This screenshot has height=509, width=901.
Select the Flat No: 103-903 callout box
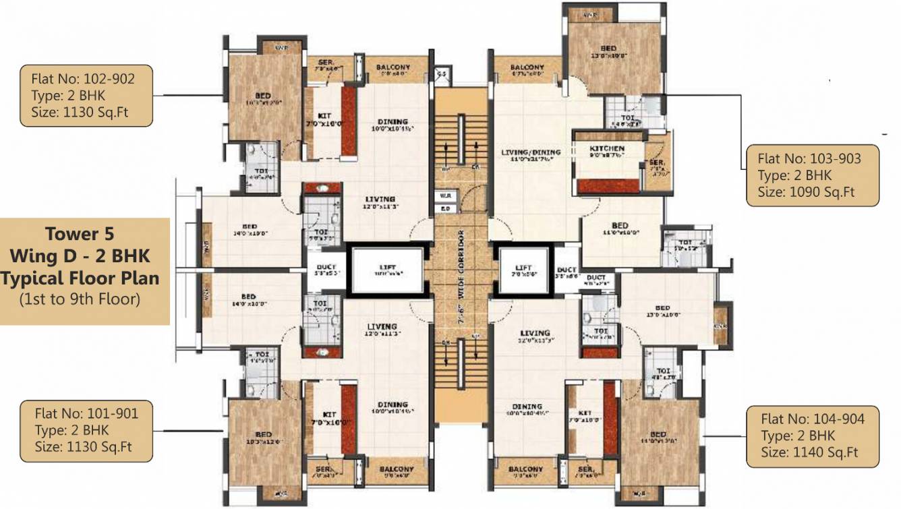[812, 175]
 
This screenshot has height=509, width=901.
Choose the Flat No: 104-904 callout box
[813, 436]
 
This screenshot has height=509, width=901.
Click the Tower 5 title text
[80, 234]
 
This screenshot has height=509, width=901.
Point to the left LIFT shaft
[387, 271]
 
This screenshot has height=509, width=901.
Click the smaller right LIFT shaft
[523, 271]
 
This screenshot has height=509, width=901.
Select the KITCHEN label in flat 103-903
[607, 148]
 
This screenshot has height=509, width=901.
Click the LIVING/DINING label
[528, 152]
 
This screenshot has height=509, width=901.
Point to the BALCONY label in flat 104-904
[526, 469]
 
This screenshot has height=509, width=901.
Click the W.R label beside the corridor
[446, 196]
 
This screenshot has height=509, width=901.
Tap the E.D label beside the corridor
[446, 208]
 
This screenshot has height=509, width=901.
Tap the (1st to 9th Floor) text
[80, 299]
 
